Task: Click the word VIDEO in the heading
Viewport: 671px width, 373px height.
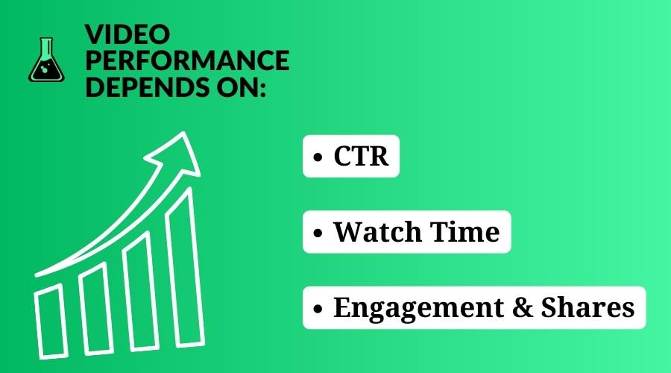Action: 127,34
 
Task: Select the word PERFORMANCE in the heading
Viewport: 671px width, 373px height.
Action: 187,60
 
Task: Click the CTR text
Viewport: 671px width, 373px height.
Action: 361,156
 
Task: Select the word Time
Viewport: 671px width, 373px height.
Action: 464,232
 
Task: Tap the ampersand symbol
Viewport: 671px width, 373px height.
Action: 523,307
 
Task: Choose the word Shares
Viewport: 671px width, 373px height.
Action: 587,307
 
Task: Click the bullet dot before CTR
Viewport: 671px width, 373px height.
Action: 318,157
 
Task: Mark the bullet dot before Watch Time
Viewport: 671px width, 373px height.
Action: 318,233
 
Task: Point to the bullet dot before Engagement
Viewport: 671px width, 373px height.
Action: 318,309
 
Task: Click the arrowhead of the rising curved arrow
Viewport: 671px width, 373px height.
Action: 177,154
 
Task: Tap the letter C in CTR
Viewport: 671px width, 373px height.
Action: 342,156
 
